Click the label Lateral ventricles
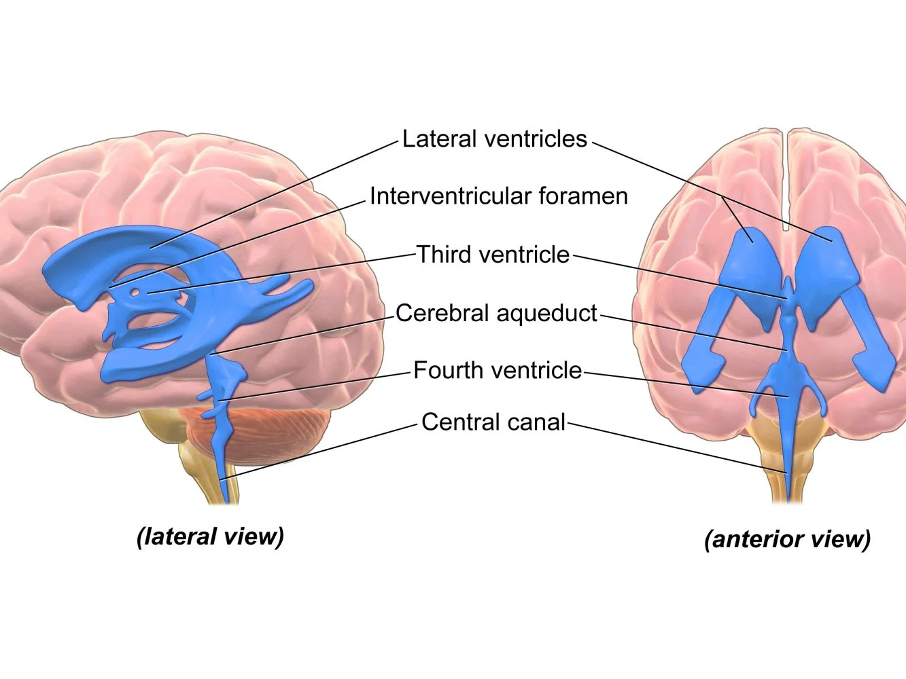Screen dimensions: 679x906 [494, 139]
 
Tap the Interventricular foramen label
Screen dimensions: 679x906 [498, 196]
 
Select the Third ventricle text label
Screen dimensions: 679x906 [493, 255]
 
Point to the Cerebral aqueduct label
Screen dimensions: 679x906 [496, 313]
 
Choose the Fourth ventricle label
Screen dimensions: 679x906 [498, 371]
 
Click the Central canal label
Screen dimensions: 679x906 [493, 422]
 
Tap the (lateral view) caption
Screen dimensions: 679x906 [210, 536]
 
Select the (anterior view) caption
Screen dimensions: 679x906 [787, 539]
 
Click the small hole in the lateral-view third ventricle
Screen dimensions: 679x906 [135, 293]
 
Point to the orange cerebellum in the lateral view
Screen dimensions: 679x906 [285, 435]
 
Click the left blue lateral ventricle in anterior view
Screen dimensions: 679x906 [748, 272]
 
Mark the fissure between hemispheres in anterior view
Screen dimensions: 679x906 [787, 177]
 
